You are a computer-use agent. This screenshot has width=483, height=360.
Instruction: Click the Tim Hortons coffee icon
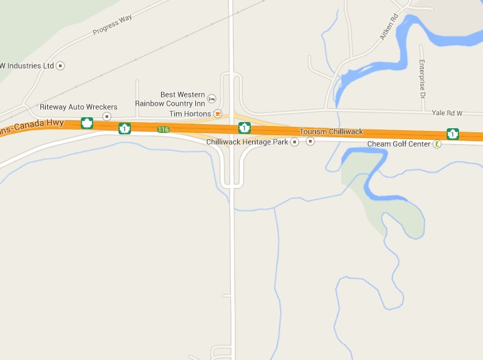pos(218,113)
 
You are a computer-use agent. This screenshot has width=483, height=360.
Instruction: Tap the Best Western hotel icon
pos(212,99)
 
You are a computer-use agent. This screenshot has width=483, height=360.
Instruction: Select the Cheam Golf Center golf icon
pos(437,144)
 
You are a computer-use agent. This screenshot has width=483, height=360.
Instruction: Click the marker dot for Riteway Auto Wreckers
pos(107,117)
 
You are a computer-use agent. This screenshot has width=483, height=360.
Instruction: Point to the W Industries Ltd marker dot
pos(61,66)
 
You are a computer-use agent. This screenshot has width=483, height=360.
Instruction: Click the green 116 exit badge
pos(162,129)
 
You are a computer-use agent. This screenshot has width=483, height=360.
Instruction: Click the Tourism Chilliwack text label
pos(331,131)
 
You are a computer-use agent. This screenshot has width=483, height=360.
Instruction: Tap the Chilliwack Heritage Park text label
pos(247,142)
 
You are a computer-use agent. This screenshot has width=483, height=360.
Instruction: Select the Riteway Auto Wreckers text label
pos(79,107)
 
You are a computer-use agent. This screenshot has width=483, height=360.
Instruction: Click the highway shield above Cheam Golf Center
pos(452,133)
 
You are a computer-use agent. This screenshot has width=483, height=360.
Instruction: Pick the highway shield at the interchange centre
pos(244,128)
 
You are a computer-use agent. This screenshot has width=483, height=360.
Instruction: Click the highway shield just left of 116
pos(125,128)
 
